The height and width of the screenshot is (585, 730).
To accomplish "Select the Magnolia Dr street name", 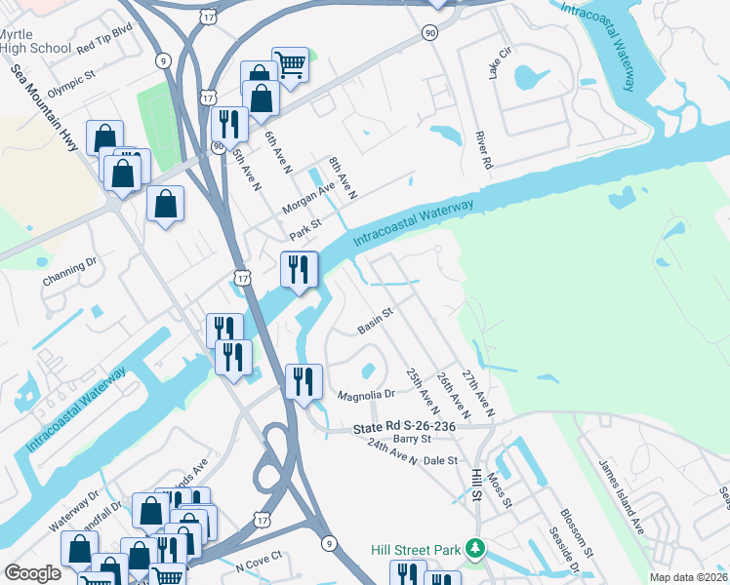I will tap(365, 395).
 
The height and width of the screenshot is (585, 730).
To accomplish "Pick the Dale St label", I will tap(441, 460).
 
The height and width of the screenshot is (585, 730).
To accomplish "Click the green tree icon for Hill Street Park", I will tap(475, 550).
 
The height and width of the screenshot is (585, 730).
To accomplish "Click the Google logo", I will tap(32, 573).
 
